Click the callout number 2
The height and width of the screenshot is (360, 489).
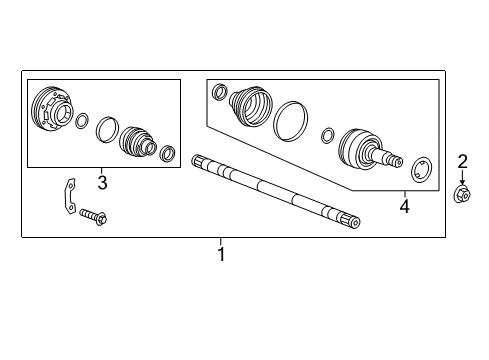462,162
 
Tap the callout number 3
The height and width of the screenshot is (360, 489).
102,182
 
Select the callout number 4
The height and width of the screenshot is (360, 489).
404,207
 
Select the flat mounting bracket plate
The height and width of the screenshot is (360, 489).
64,194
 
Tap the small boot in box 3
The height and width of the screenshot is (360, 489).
137,142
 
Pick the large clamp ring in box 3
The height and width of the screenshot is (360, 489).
106,129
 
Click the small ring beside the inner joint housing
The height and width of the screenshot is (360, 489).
81,121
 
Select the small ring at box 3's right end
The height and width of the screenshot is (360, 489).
169,153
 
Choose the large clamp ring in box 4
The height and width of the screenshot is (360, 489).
290,119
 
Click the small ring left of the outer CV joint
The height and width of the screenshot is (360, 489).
328,135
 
